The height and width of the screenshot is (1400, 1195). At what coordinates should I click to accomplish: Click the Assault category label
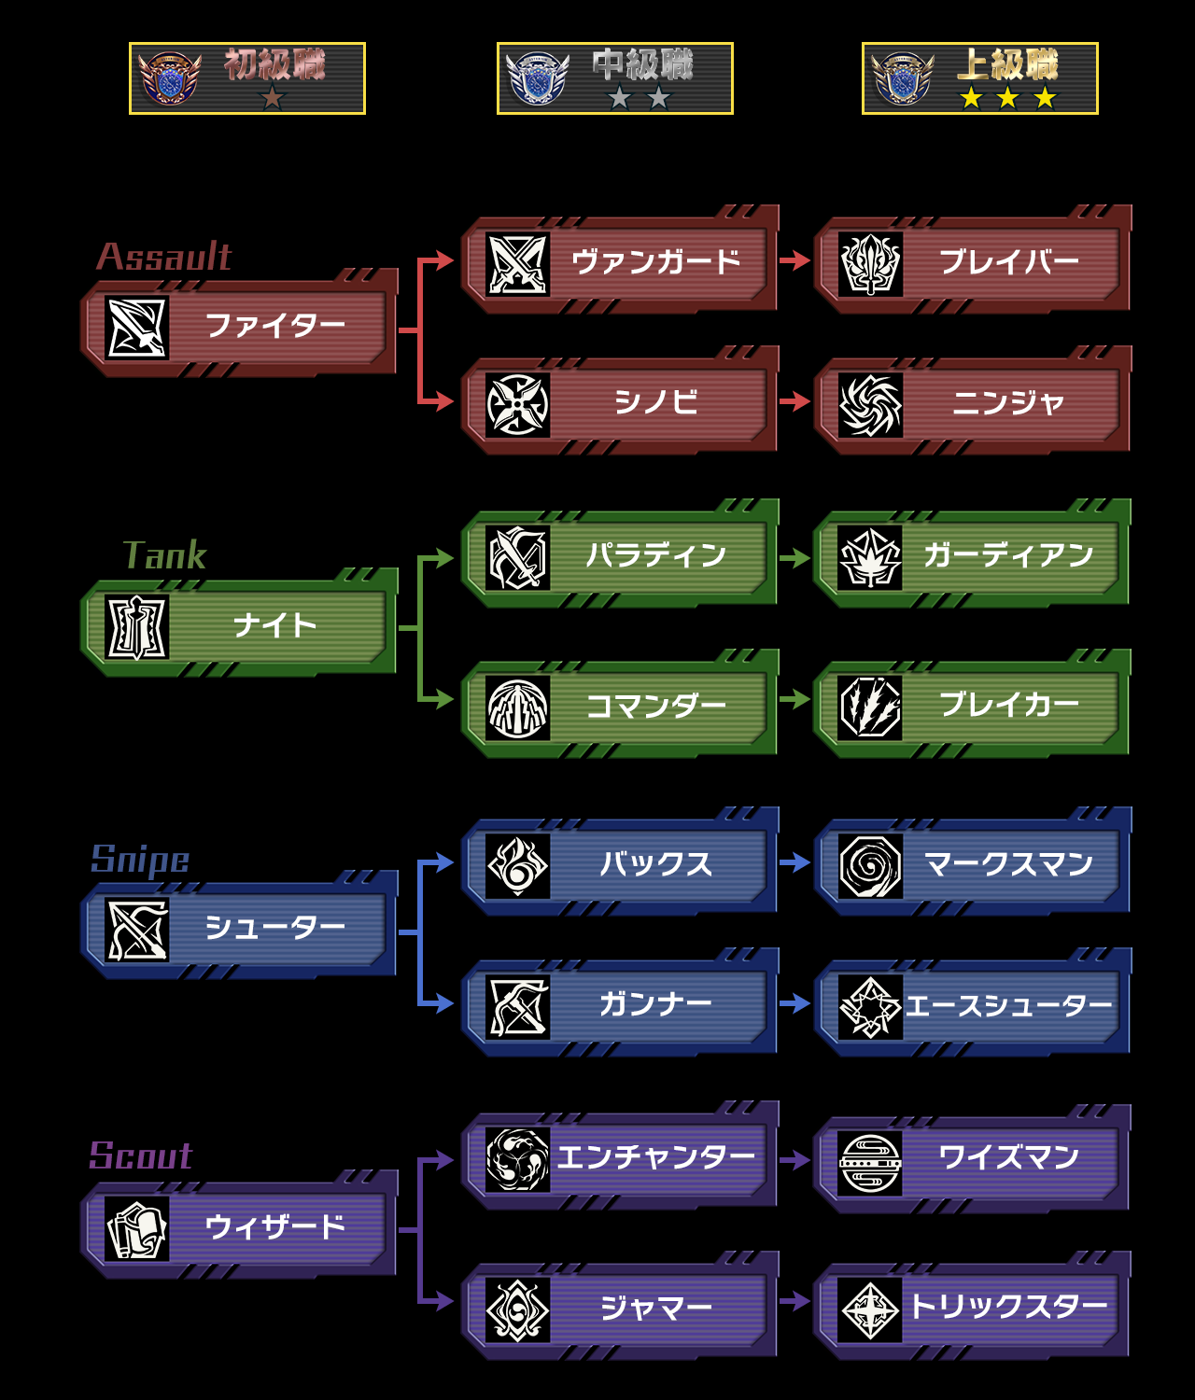point(164,257)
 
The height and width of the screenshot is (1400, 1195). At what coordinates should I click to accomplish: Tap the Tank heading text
point(164,555)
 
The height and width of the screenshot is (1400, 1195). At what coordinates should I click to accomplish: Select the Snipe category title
point(140,861)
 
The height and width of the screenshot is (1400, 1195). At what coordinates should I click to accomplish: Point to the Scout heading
point(141,1155)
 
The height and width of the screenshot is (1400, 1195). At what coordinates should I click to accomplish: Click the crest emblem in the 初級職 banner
point(169,78)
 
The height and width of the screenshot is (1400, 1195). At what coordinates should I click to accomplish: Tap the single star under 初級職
point(273,97)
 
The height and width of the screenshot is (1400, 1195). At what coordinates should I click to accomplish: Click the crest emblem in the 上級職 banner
point(903,78)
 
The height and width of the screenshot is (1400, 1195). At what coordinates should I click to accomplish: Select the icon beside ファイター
point(137,328)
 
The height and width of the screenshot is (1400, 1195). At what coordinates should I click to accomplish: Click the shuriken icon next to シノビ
point(517,405)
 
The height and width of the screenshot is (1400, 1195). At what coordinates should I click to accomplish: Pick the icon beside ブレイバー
point(870,264)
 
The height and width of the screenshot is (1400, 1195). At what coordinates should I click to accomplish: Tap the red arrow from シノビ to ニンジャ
point(794,401)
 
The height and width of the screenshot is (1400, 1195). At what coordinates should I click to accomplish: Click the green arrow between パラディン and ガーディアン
point(794,558)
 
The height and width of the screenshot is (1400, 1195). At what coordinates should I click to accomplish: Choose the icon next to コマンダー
point(517,707)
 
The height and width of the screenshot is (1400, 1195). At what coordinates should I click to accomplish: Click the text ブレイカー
point(1008,705)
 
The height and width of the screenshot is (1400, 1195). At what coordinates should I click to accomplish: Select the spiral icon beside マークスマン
point(870,866)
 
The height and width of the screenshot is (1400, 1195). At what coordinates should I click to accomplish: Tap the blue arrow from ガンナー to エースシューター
point(794,1003)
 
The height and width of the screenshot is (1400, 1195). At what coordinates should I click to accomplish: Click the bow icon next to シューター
point(137,930)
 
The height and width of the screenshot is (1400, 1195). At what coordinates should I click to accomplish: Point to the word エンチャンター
point(655,1156)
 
